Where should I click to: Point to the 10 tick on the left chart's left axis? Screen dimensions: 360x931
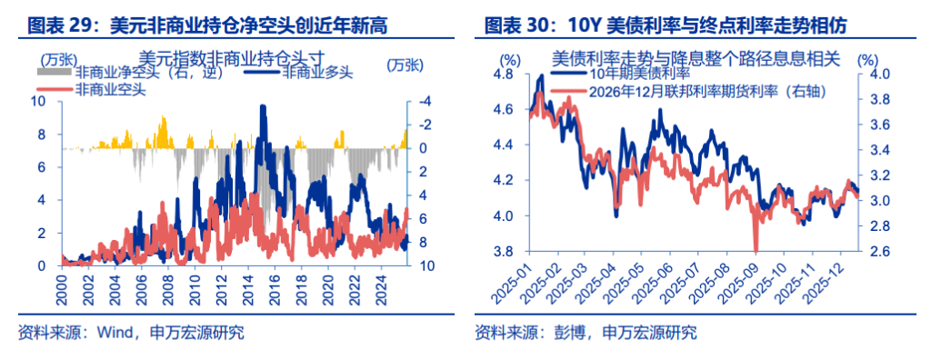coord(42,102)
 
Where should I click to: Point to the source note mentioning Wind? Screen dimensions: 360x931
coord(131,332)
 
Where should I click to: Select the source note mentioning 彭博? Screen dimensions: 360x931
coord(586,332)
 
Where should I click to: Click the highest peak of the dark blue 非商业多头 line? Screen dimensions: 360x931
coord(263,107)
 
